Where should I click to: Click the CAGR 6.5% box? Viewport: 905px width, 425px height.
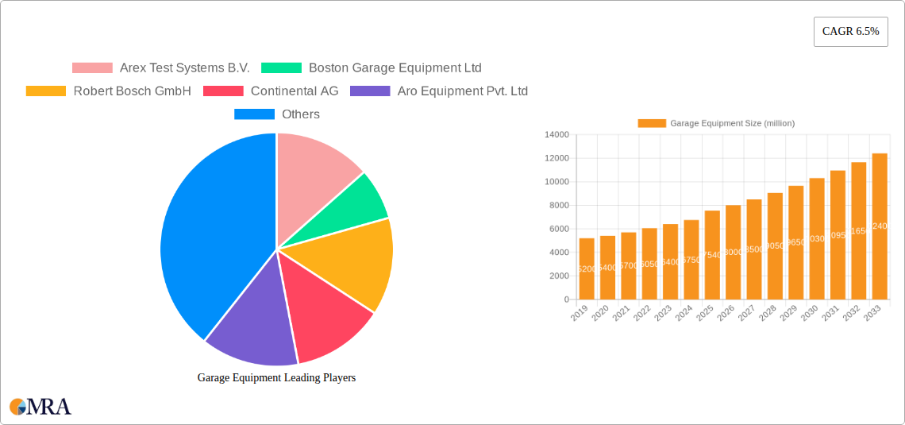pos(850,32)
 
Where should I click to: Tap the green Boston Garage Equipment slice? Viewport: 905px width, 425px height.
pos(361,203)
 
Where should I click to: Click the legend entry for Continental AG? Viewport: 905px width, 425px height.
pos(271,91)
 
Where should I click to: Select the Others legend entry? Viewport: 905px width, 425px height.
pos(277,114)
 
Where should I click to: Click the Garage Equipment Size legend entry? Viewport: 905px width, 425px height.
pos(716,123)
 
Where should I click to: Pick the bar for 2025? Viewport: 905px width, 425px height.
pos(712,255)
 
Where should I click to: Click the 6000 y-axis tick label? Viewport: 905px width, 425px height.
pos(558,229)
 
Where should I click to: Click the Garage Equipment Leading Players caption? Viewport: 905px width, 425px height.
pos(276,378)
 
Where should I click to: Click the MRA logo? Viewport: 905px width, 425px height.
pos(40,407)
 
